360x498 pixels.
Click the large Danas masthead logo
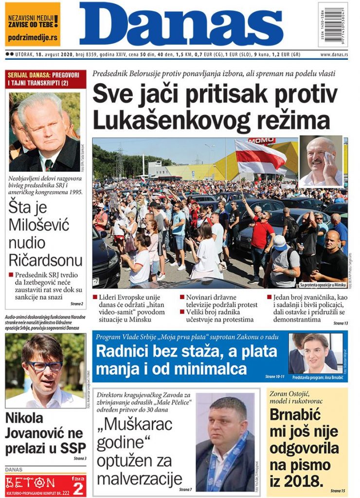[x=181, y=24]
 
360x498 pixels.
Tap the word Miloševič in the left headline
[x=39, y=225]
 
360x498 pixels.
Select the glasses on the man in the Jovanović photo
[x=44, y=366]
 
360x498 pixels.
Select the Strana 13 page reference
[x=340, y=323]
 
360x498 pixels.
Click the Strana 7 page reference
[x=185, y=489]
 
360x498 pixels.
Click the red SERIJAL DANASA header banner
[x=46, y=79]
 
